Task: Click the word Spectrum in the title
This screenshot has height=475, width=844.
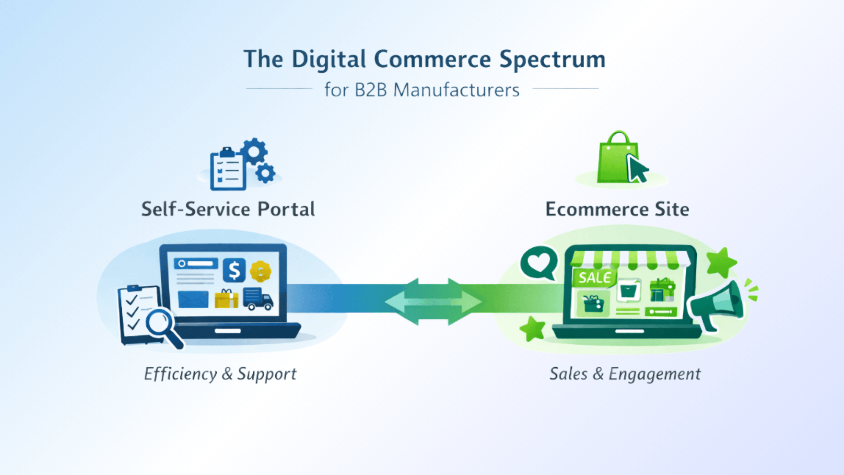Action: pos(552,60)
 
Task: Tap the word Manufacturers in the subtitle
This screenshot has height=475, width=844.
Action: pos(456,90)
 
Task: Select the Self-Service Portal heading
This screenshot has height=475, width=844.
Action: pos(228,209)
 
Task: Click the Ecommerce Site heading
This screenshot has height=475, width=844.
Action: pos(617,209)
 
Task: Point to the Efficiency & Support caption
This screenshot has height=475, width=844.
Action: pos(220,374)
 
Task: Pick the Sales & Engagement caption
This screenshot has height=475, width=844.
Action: pos(625,374)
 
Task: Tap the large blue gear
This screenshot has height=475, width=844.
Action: pos(254,151)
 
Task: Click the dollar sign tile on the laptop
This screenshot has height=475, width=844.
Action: pos(234,270)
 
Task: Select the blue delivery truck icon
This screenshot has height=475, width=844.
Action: pos(258,299)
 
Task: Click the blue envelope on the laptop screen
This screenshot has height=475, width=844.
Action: pos(193,300)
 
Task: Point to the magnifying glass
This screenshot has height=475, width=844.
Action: pos(162,325)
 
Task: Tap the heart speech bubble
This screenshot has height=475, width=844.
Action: pos(539,263)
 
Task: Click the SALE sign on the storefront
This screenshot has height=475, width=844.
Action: pos(594,278)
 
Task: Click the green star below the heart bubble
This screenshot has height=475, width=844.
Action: pos(533,329)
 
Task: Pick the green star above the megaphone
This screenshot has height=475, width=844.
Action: pos(721,262)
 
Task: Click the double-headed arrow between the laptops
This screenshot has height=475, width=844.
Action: pos(433,302)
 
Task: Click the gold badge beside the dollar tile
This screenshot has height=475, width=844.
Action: pos(261,271)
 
